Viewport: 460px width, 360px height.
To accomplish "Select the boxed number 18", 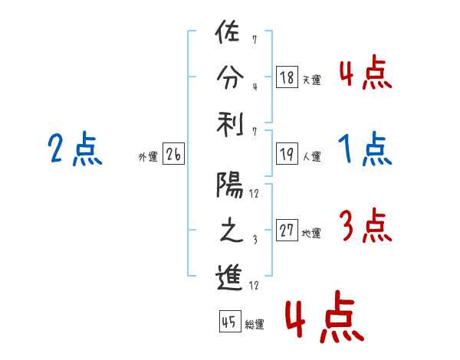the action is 287,77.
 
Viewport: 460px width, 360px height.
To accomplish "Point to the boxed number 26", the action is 173,155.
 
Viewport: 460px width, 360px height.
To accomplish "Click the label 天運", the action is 311,79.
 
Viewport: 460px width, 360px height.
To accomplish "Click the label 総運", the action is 254,325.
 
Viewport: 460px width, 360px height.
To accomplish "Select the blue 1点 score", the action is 366,149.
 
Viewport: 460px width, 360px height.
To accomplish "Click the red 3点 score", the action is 365,226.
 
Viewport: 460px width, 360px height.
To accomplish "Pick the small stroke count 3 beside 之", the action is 254,240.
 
